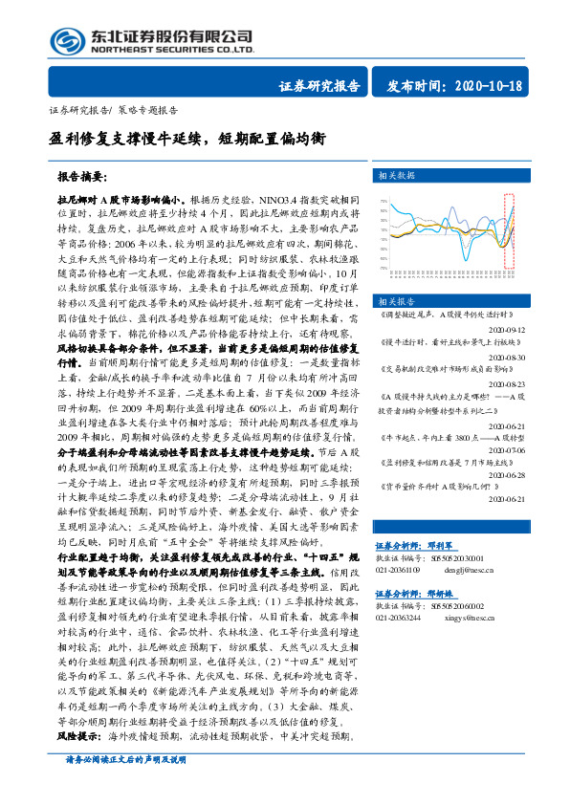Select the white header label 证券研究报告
click(319, 86)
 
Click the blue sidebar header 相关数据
click(396, 176)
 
